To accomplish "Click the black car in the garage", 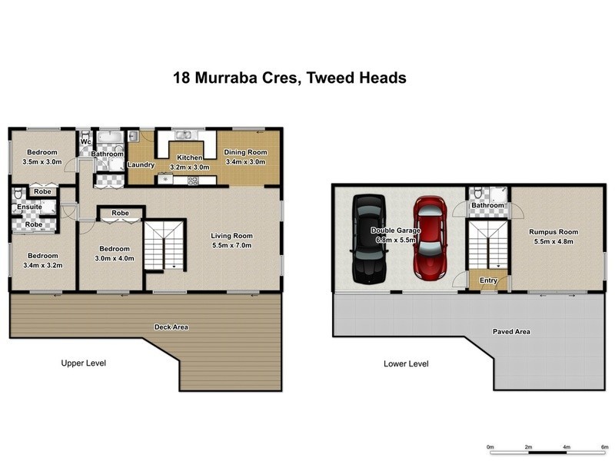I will coord(367,238).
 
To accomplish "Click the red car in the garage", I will coord(430,238).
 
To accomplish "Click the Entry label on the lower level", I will coord(489,280).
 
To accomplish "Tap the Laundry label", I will coord(141,164).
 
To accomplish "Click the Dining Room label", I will coord(244,152).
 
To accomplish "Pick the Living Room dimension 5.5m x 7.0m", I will coord(232,246).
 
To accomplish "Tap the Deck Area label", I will coord(171,327).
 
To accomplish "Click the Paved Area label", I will coord(511,332).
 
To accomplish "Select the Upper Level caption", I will coord(83,363).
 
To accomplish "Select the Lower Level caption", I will coord(406,363).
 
